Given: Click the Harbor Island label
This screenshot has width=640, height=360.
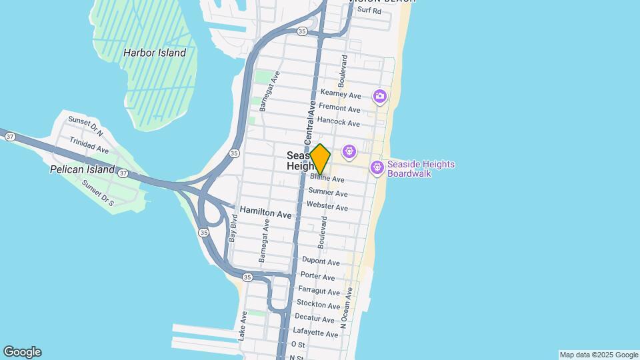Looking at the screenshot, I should [155, 53].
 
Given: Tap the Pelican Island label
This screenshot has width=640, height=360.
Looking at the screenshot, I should [83, 169].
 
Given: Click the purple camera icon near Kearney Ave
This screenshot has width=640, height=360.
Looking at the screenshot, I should [380, 97].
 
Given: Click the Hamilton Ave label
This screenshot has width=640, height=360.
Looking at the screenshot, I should [265, 214].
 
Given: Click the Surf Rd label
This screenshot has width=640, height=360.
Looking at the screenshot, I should [369, 11].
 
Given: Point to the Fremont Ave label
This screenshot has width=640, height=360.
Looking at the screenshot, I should [340, 109].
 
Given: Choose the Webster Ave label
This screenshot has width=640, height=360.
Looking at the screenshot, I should [327, 207].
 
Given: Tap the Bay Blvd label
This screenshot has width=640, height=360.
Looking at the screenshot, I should [233, 228].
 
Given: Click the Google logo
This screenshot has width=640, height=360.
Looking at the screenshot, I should [22, 352].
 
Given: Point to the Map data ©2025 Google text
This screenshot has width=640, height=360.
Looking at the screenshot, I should [599, 355].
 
